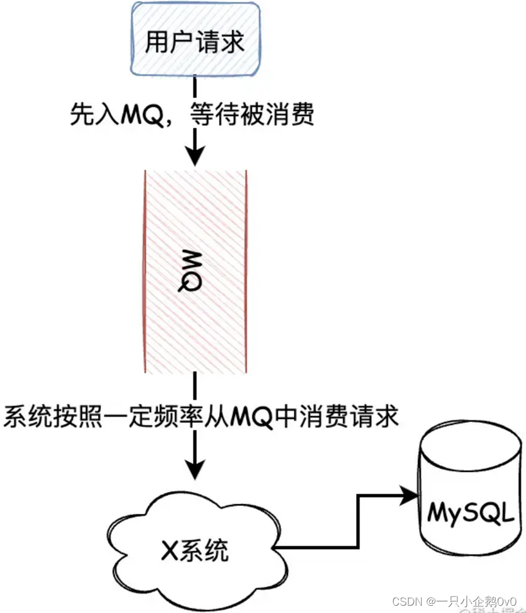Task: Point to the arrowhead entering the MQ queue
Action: [194, 157]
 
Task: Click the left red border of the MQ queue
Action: [146, 271]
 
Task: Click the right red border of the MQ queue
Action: [246, 271]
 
